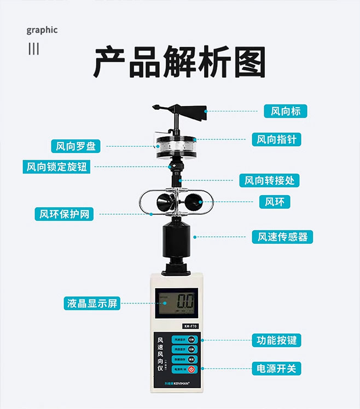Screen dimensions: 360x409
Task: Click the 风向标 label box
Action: pos(285,111)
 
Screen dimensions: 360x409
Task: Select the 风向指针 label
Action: pos(277,139)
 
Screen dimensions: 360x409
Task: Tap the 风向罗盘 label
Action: pos(76,146)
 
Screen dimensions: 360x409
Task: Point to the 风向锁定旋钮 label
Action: pos(57,167)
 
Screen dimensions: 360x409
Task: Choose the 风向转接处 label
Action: pos(271,180)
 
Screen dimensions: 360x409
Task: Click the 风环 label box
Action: pos(274,202)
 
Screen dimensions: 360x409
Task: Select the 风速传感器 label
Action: pos(282,237)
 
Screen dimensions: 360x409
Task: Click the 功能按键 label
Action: pos(276,340)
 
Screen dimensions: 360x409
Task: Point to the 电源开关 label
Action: pos(276,369)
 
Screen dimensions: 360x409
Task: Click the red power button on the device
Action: pos(191,370)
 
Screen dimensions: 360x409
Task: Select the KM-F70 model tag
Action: pos(190,326)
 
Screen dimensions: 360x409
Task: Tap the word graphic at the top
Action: pos(42,30)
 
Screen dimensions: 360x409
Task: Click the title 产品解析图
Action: pos(179,62)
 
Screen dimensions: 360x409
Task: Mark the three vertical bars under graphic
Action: pos(34,49)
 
